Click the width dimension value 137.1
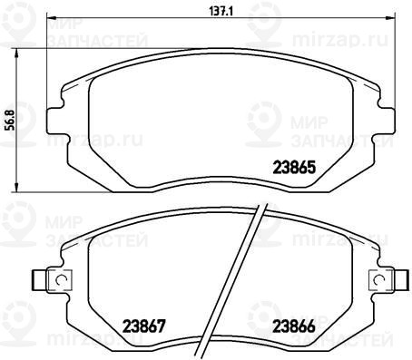click(222, 12)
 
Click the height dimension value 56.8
click(11, 120)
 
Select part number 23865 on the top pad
click(294, 167)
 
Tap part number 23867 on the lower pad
click(143, 326)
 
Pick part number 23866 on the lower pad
click(294, 326)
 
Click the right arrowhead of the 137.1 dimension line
click(390, 17)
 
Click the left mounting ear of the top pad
click(55, 121)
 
